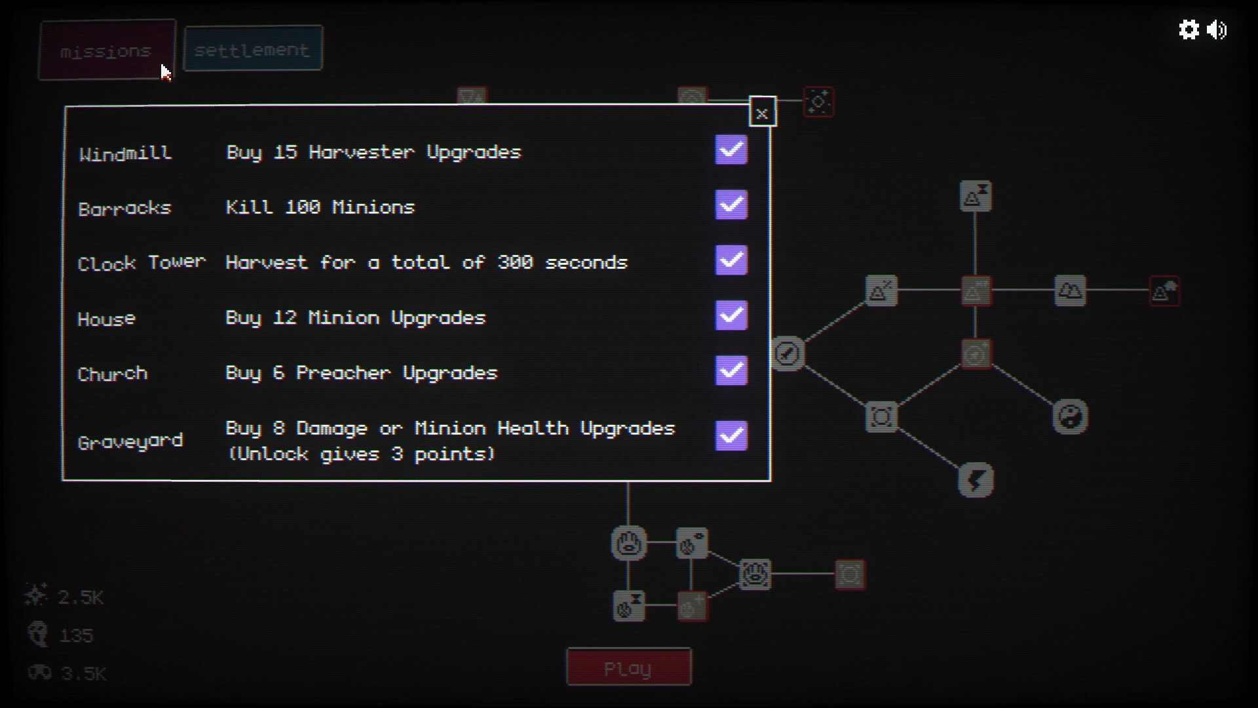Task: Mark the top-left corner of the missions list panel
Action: (x=65, y=106)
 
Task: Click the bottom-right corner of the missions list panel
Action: (x=771, y=481)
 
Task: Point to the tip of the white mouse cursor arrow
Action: (x=161, y=64)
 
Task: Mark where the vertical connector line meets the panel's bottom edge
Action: (x=628, y=481)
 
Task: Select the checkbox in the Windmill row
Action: (x=731, y=150)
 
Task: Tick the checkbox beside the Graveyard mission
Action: (x=731, y=435)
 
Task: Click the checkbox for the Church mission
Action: (x=731, y=370)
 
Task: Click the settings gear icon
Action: (x=1189, y=29)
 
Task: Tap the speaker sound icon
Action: (x=1217, y=29)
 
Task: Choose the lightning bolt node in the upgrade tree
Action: (x=976, y=480)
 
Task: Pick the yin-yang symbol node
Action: (x=1070, y=416)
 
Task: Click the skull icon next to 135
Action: (x=39, y=635)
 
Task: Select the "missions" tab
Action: (x=107, y=50)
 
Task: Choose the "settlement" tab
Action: (x=253, y=49)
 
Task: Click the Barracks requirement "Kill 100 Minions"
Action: (x=320, y=207)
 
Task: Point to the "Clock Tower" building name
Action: (x=142, y=263)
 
